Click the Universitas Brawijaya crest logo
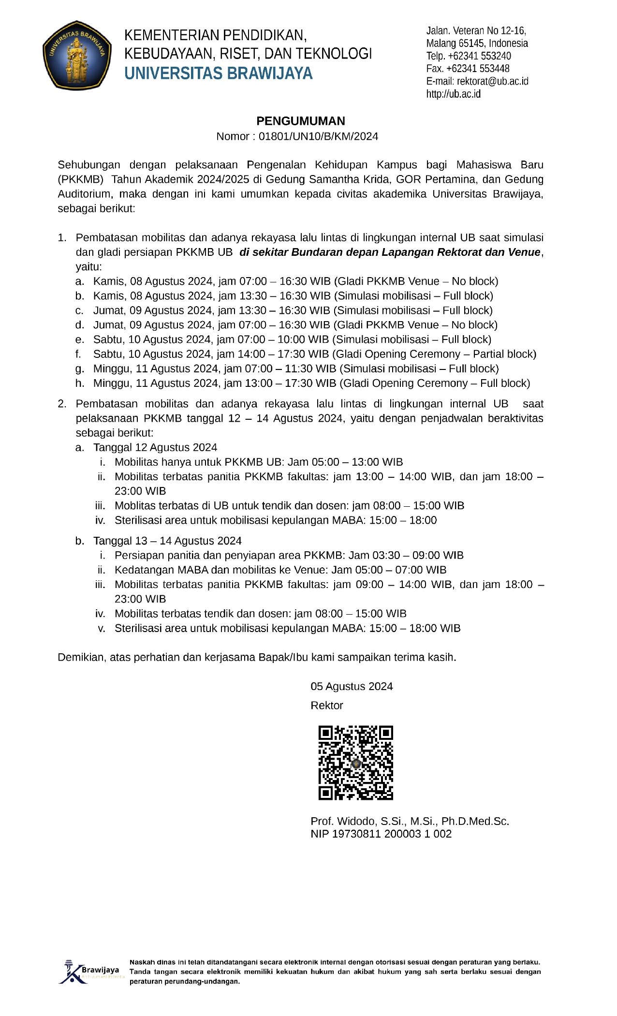[77, 55]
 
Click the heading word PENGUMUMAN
[300, 121]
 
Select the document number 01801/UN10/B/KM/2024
[318, 136]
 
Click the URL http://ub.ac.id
[453, 94]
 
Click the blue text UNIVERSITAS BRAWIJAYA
[219, 74]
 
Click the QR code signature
[355, 763]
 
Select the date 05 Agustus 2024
[352, 686]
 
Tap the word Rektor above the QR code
[327, 705]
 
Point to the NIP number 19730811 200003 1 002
[392, 834]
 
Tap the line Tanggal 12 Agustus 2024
[155, 447]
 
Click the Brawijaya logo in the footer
[90, 972]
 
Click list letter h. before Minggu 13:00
[80, 383]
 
